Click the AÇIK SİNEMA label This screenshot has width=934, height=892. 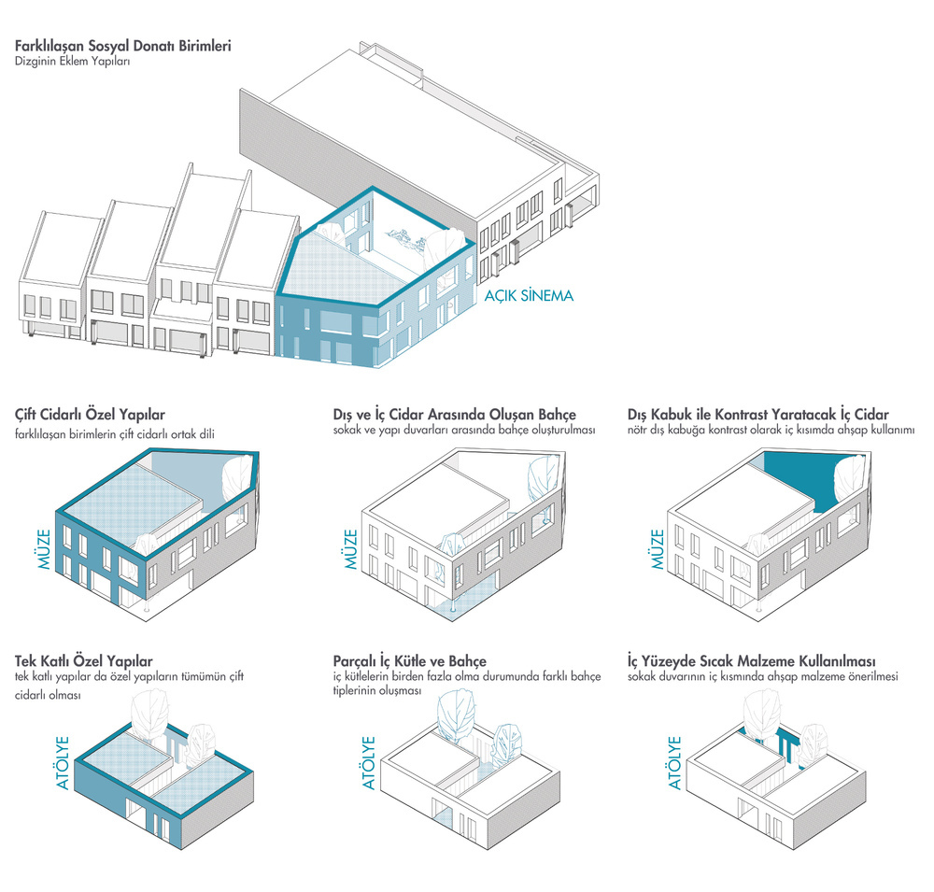click(529, 295)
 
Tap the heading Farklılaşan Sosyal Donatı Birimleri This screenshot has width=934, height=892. click(123, 46)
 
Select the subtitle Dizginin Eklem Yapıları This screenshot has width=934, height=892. click(72, 61)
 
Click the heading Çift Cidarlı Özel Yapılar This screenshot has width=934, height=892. click(90, 415)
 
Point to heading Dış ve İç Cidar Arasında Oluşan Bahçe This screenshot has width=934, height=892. click(455, 415)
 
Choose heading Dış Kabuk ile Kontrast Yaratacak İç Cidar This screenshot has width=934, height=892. click(758, 415)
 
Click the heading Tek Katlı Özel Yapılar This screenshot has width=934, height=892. click(84, 660)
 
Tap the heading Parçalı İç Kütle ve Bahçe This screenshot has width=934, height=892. click(410, 660)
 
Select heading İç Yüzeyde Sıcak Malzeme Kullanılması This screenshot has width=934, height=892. click(751, 660)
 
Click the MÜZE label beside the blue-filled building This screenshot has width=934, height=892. click(45, 549)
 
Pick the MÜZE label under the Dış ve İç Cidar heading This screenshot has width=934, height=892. click(351, 549)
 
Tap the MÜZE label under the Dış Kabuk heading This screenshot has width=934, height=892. click(657, 549)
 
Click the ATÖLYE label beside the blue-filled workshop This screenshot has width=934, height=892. click(64, 763)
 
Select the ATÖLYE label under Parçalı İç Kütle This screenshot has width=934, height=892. click(369, 763)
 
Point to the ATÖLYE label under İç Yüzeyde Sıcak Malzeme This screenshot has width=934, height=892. click(675, 763)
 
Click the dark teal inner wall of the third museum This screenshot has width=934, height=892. click(801, 476)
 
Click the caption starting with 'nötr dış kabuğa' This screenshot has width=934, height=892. click(771, 430)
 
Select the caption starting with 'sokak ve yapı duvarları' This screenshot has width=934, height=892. click(464, 430)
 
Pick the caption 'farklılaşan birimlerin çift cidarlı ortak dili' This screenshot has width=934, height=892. click(115, 433)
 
